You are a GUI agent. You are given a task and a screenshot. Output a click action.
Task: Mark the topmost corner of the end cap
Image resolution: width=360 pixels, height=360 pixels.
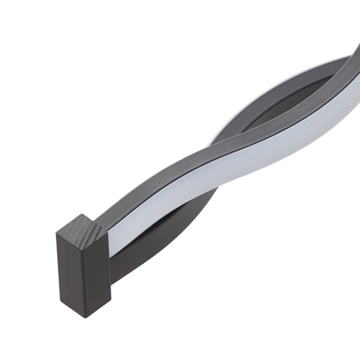pos(84,213)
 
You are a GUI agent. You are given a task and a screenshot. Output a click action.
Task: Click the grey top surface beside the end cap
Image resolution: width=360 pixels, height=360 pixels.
pos(126,209)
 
